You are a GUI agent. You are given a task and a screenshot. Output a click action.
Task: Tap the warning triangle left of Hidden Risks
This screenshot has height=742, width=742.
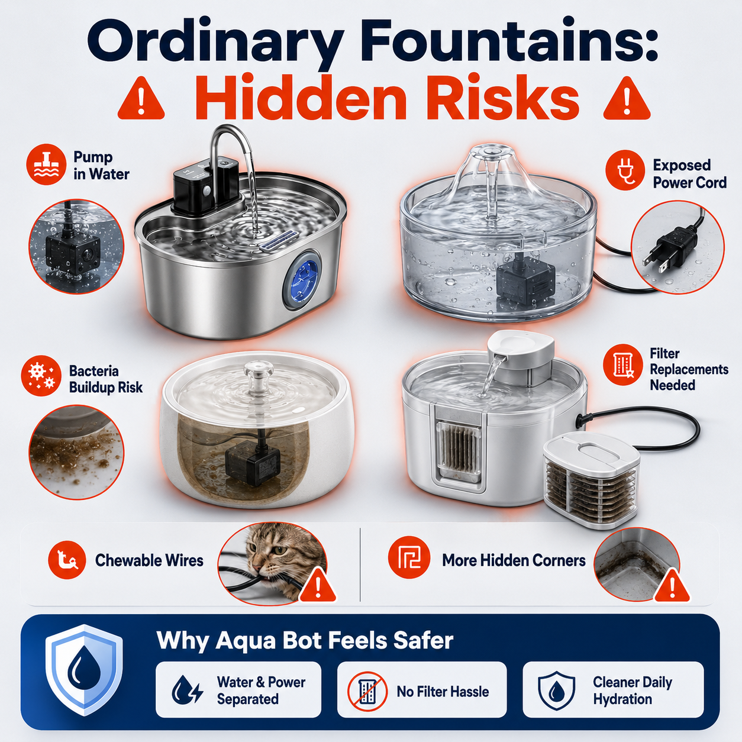click(141, 99)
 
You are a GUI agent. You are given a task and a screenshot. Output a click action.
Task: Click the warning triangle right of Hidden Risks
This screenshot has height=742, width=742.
click(627, 99)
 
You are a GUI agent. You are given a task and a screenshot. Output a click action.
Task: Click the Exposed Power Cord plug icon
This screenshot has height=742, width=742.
click(625, 169)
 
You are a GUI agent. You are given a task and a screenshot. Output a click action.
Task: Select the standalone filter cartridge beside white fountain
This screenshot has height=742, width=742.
click(591, 485)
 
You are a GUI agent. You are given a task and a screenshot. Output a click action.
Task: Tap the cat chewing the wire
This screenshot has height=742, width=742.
click(275, 559)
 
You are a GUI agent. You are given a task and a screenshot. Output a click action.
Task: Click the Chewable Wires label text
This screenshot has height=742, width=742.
click(149, 560)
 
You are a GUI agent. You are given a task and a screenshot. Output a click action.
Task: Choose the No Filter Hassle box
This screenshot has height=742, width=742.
click(422, 692)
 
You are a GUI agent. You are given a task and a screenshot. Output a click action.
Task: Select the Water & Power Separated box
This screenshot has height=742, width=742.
click(238, 692)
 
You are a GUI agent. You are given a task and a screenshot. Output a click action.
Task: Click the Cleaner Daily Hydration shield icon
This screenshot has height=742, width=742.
click(556, 692)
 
